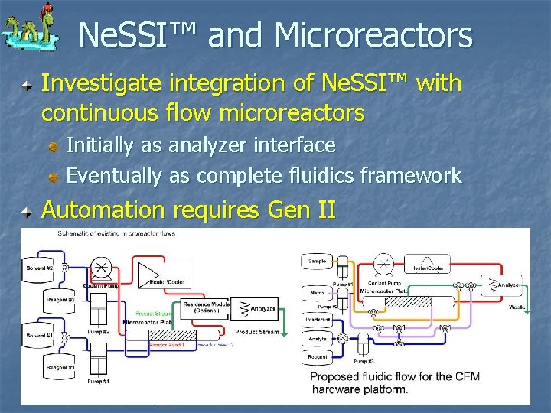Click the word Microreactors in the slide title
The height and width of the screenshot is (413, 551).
373,35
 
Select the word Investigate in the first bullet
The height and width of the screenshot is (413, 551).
103,83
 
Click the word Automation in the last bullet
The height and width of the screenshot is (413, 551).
104,210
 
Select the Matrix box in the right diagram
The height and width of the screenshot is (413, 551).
318,293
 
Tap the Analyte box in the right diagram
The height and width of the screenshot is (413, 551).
318,340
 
